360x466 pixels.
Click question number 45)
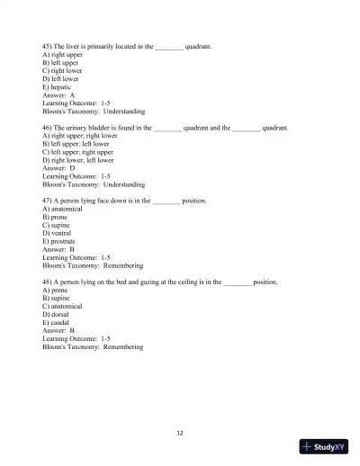[48, 44]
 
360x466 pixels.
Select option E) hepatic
[58, 86]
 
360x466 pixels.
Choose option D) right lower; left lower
[76, 160]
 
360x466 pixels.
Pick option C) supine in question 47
[57, 225]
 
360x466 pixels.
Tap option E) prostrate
[59, 241]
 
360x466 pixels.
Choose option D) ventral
[58, 233]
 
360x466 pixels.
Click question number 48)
[48, 282]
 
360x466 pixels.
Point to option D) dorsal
[57, 314]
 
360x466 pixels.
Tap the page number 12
[180, 433]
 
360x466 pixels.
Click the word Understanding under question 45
[123, 111]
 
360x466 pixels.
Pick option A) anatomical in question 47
[62, 209]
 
